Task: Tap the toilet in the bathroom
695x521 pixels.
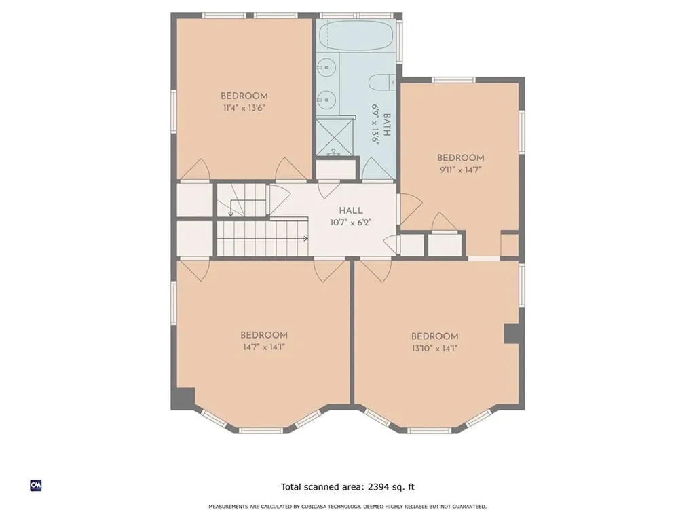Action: [x=383, y=82]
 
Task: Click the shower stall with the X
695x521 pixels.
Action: [x=335, y=137]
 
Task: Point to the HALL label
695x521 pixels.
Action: [x=351, y=211]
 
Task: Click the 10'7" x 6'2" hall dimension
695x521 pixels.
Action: [x=351, y=223]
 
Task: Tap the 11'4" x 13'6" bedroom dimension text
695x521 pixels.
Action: [x=244, y=108]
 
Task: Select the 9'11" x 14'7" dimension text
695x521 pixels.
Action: [x=461, y=170]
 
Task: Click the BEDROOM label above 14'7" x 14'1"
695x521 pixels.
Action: [x=264, y=335]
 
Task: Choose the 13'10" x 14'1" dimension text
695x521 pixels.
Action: [x=434, y=348]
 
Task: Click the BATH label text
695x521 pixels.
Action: [x=386, y=125]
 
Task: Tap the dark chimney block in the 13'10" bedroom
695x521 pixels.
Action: [x=512, y=333]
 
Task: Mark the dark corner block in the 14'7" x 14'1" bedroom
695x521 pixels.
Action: [x=183, y=398]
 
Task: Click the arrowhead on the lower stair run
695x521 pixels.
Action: [x=305, y=239]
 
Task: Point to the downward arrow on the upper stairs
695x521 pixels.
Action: [x=231, y=208]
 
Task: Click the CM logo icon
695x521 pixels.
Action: [x=36, y=486]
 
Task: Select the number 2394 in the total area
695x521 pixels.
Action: [x=378, y=487]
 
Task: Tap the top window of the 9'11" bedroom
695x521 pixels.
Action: [x=453, y=80]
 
